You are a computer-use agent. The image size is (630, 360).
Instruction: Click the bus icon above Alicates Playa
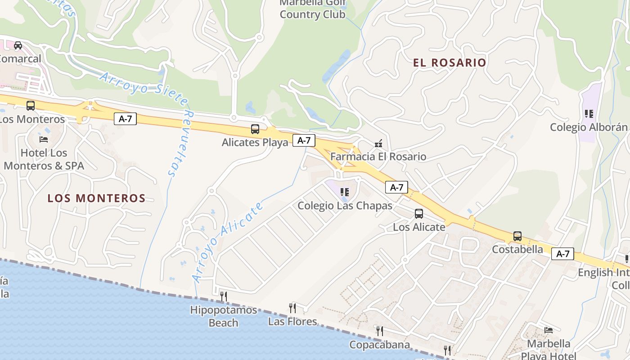click(255, 130)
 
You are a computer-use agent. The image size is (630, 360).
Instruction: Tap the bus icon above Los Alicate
click(419, 214)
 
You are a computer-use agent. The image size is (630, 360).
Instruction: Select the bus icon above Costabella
click(517, 236)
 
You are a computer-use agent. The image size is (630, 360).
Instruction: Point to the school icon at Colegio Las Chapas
click(345, 192)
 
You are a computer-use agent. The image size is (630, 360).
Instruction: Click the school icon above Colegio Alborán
click(589, 114)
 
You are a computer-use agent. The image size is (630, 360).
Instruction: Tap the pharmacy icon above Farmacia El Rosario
click(378, 144)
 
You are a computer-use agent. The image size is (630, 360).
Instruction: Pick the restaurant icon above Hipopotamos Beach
click(224, 296)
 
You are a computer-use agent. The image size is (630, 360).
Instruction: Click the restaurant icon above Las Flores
click(292, 308)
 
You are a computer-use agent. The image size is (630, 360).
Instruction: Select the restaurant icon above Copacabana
click(380, 331)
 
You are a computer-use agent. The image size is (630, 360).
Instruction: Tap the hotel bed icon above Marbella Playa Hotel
click(548, 330)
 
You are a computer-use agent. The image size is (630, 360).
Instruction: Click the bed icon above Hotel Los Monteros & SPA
click(44, 139)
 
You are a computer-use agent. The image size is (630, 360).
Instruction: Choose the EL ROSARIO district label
click(450, 63)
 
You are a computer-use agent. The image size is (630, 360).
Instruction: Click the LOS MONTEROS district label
click(96, 198)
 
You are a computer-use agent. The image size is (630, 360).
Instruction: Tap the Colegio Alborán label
click(588, 127)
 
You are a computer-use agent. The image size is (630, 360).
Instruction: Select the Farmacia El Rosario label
click(378, 157)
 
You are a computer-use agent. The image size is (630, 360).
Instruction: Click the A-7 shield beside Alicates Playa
click(304, 140)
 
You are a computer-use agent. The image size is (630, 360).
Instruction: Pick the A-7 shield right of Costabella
click(562, 254)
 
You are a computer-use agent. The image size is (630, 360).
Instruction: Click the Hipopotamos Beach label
click(224, 316)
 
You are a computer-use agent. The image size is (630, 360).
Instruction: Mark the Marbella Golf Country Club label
click(312, 9)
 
